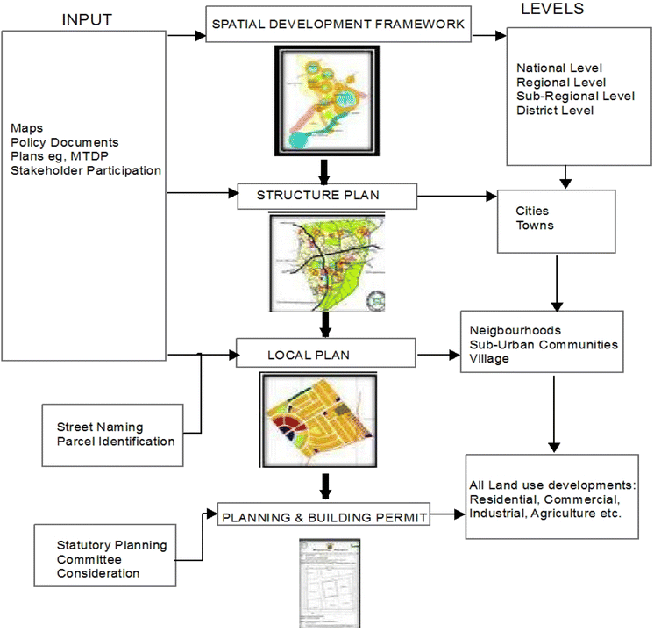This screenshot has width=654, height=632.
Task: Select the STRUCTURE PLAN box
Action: (326, 195)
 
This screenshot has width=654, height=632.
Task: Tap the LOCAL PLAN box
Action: (326, 355)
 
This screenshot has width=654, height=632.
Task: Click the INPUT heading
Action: (89, 19)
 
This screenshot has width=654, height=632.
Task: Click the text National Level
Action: (559, 68)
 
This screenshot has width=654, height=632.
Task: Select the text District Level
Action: (555, 111)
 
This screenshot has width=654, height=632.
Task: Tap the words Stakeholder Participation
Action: (86, 170)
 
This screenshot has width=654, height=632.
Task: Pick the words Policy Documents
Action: (65, 142)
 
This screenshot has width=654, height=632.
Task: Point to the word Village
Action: (489, 358)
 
